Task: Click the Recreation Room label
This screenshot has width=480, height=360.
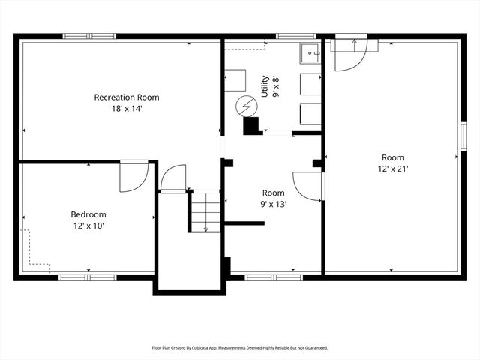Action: pyautogui.click(x=126, y=97)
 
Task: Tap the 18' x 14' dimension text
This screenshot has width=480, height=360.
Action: pyautogui.click(x=126, y=109)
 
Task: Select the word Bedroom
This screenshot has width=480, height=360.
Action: pyautogui.click(x=88, y=214)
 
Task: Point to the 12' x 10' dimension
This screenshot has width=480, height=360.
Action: pyautogui.click(x=88, y=226)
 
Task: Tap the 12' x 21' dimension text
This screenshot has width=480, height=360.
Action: pyautogui.click(x=393, y=169)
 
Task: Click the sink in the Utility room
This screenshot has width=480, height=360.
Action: pyautogui.click(x=310, y=52)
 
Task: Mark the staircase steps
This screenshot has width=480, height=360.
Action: pyautogui.click(x=205, y=211)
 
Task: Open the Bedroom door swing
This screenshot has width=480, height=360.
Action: pyautogui.click(x=133, y=175)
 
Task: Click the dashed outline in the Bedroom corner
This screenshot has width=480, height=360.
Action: pyautogui.click(x=34, y=251)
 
